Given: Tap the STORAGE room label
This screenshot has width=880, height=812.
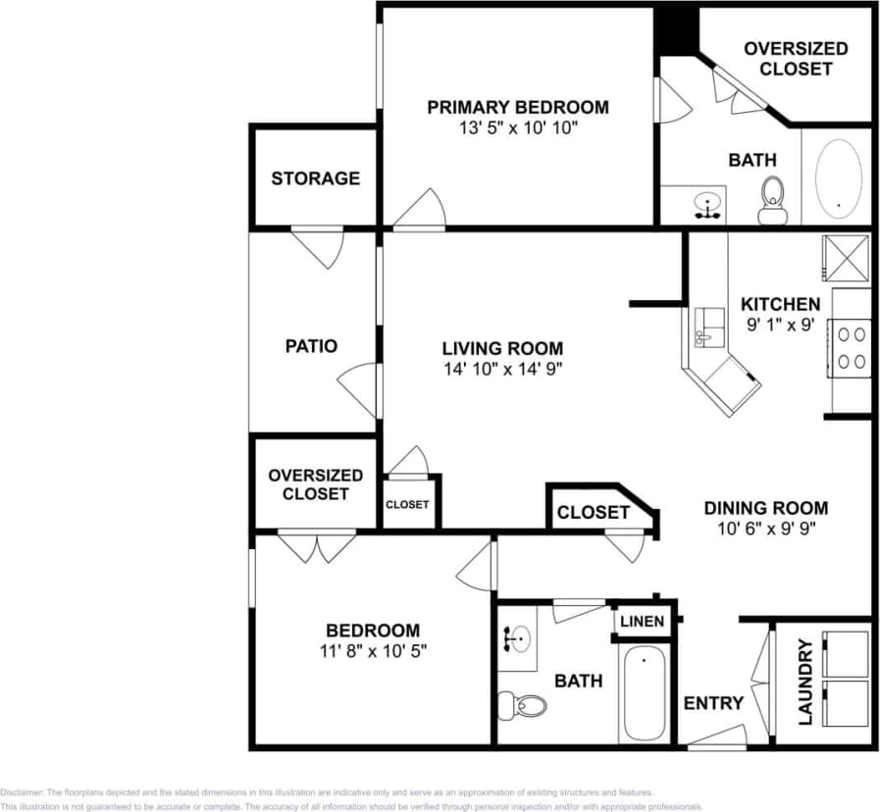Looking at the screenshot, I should pyautogui.click(x=315, y=178).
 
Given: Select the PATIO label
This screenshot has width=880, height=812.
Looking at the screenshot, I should pyautogui.click(x=311, y=346).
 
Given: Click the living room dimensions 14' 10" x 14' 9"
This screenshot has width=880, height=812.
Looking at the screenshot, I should pyautogui.click(x=502, y=369).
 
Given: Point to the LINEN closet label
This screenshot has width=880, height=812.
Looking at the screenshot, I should pyautogui.click(x=643, y=622).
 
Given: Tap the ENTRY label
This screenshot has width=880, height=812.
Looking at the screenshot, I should pyautogui.click(x=713, y=703).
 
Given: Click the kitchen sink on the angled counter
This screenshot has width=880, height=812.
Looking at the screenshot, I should pyautogui.click(x=708, y=327).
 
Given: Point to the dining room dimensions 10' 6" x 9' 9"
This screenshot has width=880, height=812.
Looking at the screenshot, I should pyautogui.click(x=765, y=529).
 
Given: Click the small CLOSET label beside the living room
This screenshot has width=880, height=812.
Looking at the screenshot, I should pyautogui.click(x=407, y=504).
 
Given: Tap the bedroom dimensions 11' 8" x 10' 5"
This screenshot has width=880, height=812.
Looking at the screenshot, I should pyautogui.click(x=373, y=649).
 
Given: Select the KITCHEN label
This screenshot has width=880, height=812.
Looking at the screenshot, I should pyautogui.click(x=780, y=304).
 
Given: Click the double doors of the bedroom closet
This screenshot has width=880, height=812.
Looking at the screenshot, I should pyautogui.click(x=317, y=545).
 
